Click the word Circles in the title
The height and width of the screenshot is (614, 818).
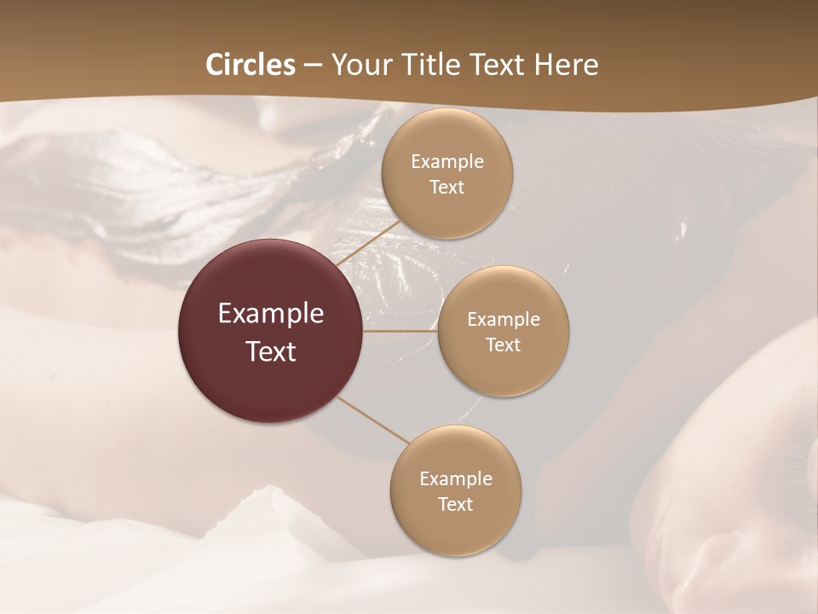(250, 65)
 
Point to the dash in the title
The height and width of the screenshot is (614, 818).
(312, 66)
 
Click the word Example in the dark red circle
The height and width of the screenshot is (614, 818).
(271, 314)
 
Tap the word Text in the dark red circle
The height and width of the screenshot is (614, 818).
(271, 351)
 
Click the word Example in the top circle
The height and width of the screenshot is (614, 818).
(446, 162)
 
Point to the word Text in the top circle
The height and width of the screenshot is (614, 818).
(446, 188)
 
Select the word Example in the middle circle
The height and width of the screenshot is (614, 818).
(503, 320)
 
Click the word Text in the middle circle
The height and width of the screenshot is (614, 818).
(503, 345)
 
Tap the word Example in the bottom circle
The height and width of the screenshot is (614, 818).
(455, 479)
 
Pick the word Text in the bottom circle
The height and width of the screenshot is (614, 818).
(455, 505)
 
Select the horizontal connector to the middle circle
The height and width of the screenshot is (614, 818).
(400, 331)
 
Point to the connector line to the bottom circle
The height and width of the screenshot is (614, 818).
(373, 420)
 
